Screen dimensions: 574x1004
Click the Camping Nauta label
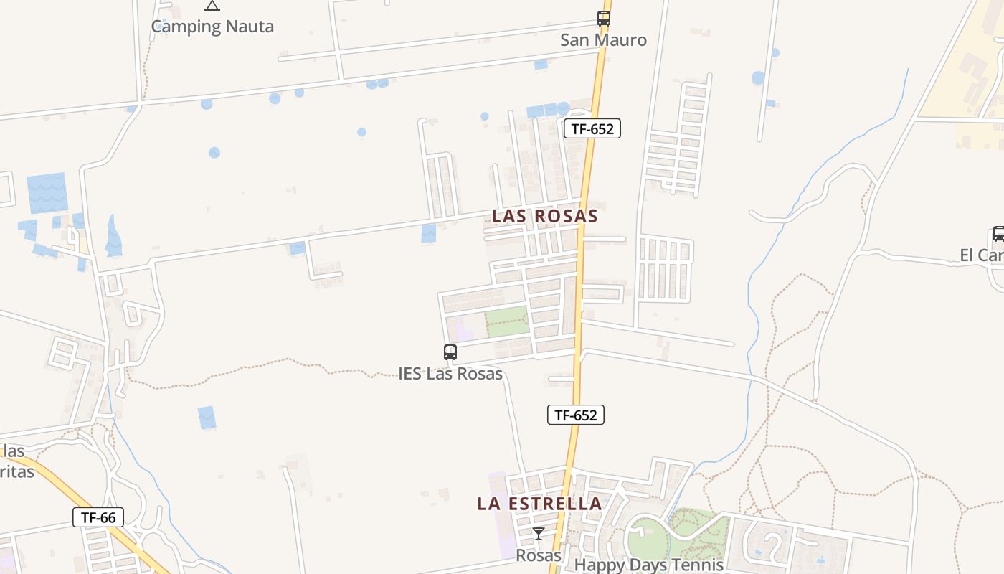(212, 27)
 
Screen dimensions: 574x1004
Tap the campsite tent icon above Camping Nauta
(212, 6)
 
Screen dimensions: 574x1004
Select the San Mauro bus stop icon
(604, 19)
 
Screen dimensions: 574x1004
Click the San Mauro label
(603, 40)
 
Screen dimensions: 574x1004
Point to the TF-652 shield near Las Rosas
(592, 128)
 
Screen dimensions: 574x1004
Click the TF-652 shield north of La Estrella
(576, 415)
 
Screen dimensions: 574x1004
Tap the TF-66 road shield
(98, 517)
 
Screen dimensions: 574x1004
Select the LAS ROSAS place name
(545, 216)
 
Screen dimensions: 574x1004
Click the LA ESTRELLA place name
(540, 504)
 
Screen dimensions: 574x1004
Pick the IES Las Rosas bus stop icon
(450, 352)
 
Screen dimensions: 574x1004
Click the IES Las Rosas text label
(450, 374)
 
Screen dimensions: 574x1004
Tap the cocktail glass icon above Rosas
(539, 534)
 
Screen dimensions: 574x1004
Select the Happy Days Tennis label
(649, 565)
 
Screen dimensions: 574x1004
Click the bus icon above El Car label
(998, 234)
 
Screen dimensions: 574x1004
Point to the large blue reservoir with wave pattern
(47, 192)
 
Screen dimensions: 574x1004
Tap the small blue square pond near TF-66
(207, 417)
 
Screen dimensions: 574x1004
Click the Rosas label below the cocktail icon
(539, 555)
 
